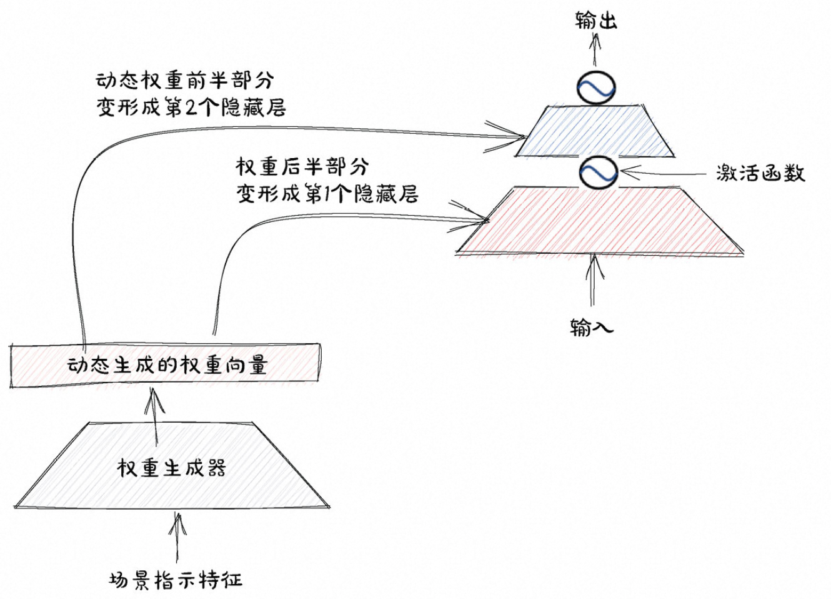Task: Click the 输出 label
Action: [595, 21]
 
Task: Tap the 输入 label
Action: [591, 326]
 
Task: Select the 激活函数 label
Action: [760, 173]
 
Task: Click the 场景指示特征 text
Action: [176, 580]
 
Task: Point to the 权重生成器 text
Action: [171, 468]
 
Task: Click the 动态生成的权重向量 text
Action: [167, 365]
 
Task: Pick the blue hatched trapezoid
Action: [595, 131]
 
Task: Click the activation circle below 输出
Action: [595, 88]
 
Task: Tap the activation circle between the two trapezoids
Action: [598, 172]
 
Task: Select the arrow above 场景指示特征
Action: [177, 538]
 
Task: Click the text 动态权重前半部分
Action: [185, 81]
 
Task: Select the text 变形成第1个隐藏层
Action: [327, 194]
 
